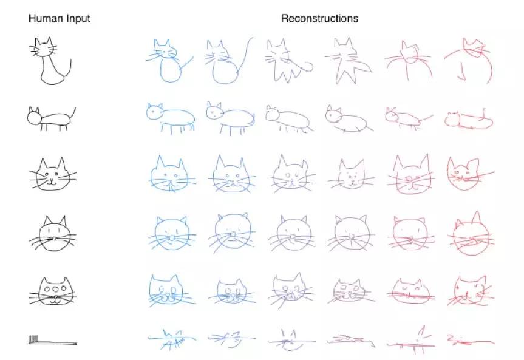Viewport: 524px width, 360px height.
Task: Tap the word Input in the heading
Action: pos(78,19)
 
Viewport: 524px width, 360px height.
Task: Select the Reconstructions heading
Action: pos(319,18)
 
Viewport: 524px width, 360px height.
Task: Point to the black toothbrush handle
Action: pos(58,342)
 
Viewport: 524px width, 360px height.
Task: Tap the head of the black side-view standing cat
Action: pos(34,117)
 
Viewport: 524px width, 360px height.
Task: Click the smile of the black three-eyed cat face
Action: pos(55,300)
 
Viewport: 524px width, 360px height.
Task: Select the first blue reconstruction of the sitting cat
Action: pos(169,61)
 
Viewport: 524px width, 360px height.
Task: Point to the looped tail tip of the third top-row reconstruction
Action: pos(309,67)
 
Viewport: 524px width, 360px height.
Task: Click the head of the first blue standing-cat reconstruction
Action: pos(154,111)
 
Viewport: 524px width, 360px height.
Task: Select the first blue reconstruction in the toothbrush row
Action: pos(172,339)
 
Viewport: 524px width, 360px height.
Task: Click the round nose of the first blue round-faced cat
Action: pos(172,237)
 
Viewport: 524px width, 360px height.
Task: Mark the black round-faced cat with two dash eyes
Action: pos(53,233)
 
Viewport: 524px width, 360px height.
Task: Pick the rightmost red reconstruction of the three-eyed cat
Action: pos(469,291)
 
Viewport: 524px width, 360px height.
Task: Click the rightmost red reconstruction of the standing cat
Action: pos(469,120)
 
